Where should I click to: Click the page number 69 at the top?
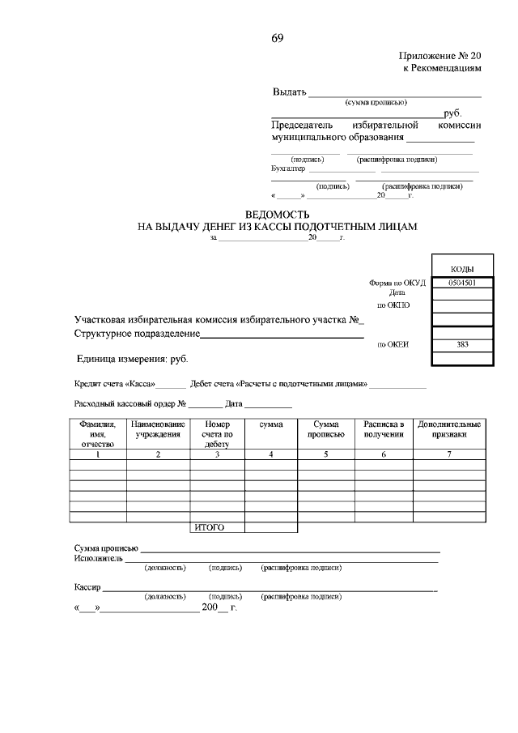click(277, 38)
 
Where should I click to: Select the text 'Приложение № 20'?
click(440, 56)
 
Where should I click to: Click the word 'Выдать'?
click(289, 92)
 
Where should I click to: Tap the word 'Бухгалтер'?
click(288, 169)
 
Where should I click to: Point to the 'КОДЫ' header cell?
click(461, 269)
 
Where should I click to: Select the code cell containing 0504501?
click(461, 283)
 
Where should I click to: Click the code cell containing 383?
click(461, 344)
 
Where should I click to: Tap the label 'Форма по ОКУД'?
click(397, 283)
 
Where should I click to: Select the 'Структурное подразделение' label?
click(137, 334)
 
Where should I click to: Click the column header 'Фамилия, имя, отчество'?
click(98, 434)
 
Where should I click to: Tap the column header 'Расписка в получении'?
click(383, 429)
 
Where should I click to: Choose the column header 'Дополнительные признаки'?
click(448, 429)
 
